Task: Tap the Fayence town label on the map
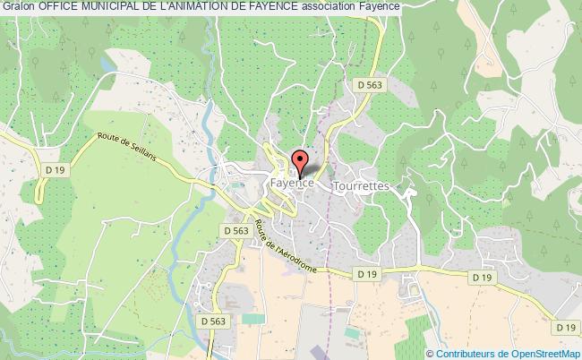(292, 183)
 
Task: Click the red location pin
(300, 163)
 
